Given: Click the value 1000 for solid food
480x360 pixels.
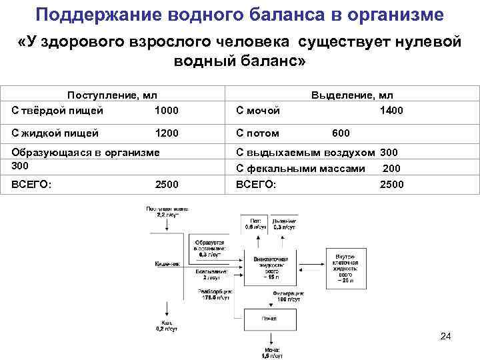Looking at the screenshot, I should coord(166,110).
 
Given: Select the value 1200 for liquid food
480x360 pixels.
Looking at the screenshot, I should coord(166,133).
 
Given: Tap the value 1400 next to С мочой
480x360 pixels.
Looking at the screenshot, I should coord(391,110).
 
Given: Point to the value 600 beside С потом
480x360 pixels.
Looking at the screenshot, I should coord(341,133).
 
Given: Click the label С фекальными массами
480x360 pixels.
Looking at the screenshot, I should coord(301,169).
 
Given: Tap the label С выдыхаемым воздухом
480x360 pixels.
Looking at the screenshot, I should coord(305,153).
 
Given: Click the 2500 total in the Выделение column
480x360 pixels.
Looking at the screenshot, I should coord(391,184).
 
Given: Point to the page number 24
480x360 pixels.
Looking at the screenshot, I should coord(446,337).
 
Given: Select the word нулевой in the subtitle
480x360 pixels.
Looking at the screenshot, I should coord(426,43).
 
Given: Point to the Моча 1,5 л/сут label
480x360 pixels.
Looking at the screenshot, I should coord(271,353).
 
